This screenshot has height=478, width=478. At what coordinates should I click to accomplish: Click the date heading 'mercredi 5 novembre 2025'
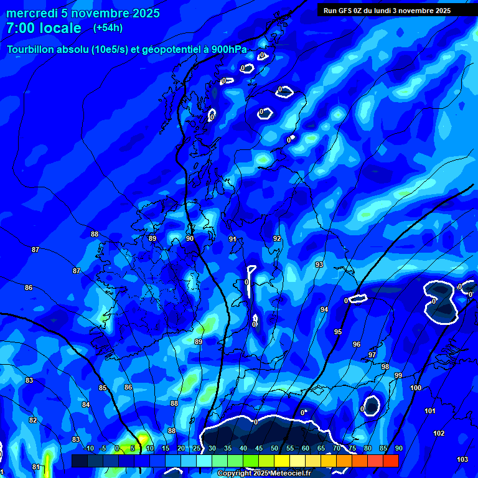[x=83, y=13]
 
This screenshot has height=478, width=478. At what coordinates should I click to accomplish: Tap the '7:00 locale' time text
[x=44, y=28]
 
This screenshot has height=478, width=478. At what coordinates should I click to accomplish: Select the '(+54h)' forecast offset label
[x=108, y=27]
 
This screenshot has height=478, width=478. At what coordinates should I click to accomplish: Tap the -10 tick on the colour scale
[x=88, y=448]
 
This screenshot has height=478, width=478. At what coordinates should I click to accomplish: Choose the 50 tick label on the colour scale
[x=274, y=448]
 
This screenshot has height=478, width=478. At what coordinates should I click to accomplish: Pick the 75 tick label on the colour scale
[x=352, y=448]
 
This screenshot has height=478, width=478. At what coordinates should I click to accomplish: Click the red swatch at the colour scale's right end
[x=390, y=461]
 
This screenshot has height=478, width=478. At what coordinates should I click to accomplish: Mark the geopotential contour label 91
[x=233, y=239]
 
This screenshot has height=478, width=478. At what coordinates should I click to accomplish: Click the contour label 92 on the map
[x=277, y=238]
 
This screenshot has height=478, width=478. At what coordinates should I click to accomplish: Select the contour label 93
[x=319, y=265]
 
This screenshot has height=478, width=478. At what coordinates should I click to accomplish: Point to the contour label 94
[x=324, y=309]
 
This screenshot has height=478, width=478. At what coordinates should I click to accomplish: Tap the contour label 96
[x=357, y=344]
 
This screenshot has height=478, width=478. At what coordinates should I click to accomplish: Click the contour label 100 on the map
[x=416, y=388]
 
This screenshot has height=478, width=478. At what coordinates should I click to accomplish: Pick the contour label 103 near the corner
[x=462, y=459]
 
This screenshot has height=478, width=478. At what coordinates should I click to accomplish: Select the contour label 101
[x=430, y=411]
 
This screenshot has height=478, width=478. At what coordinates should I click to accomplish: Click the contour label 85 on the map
[x=103, y=388]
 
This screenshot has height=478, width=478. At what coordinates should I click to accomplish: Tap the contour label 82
[x=33, y=420]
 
